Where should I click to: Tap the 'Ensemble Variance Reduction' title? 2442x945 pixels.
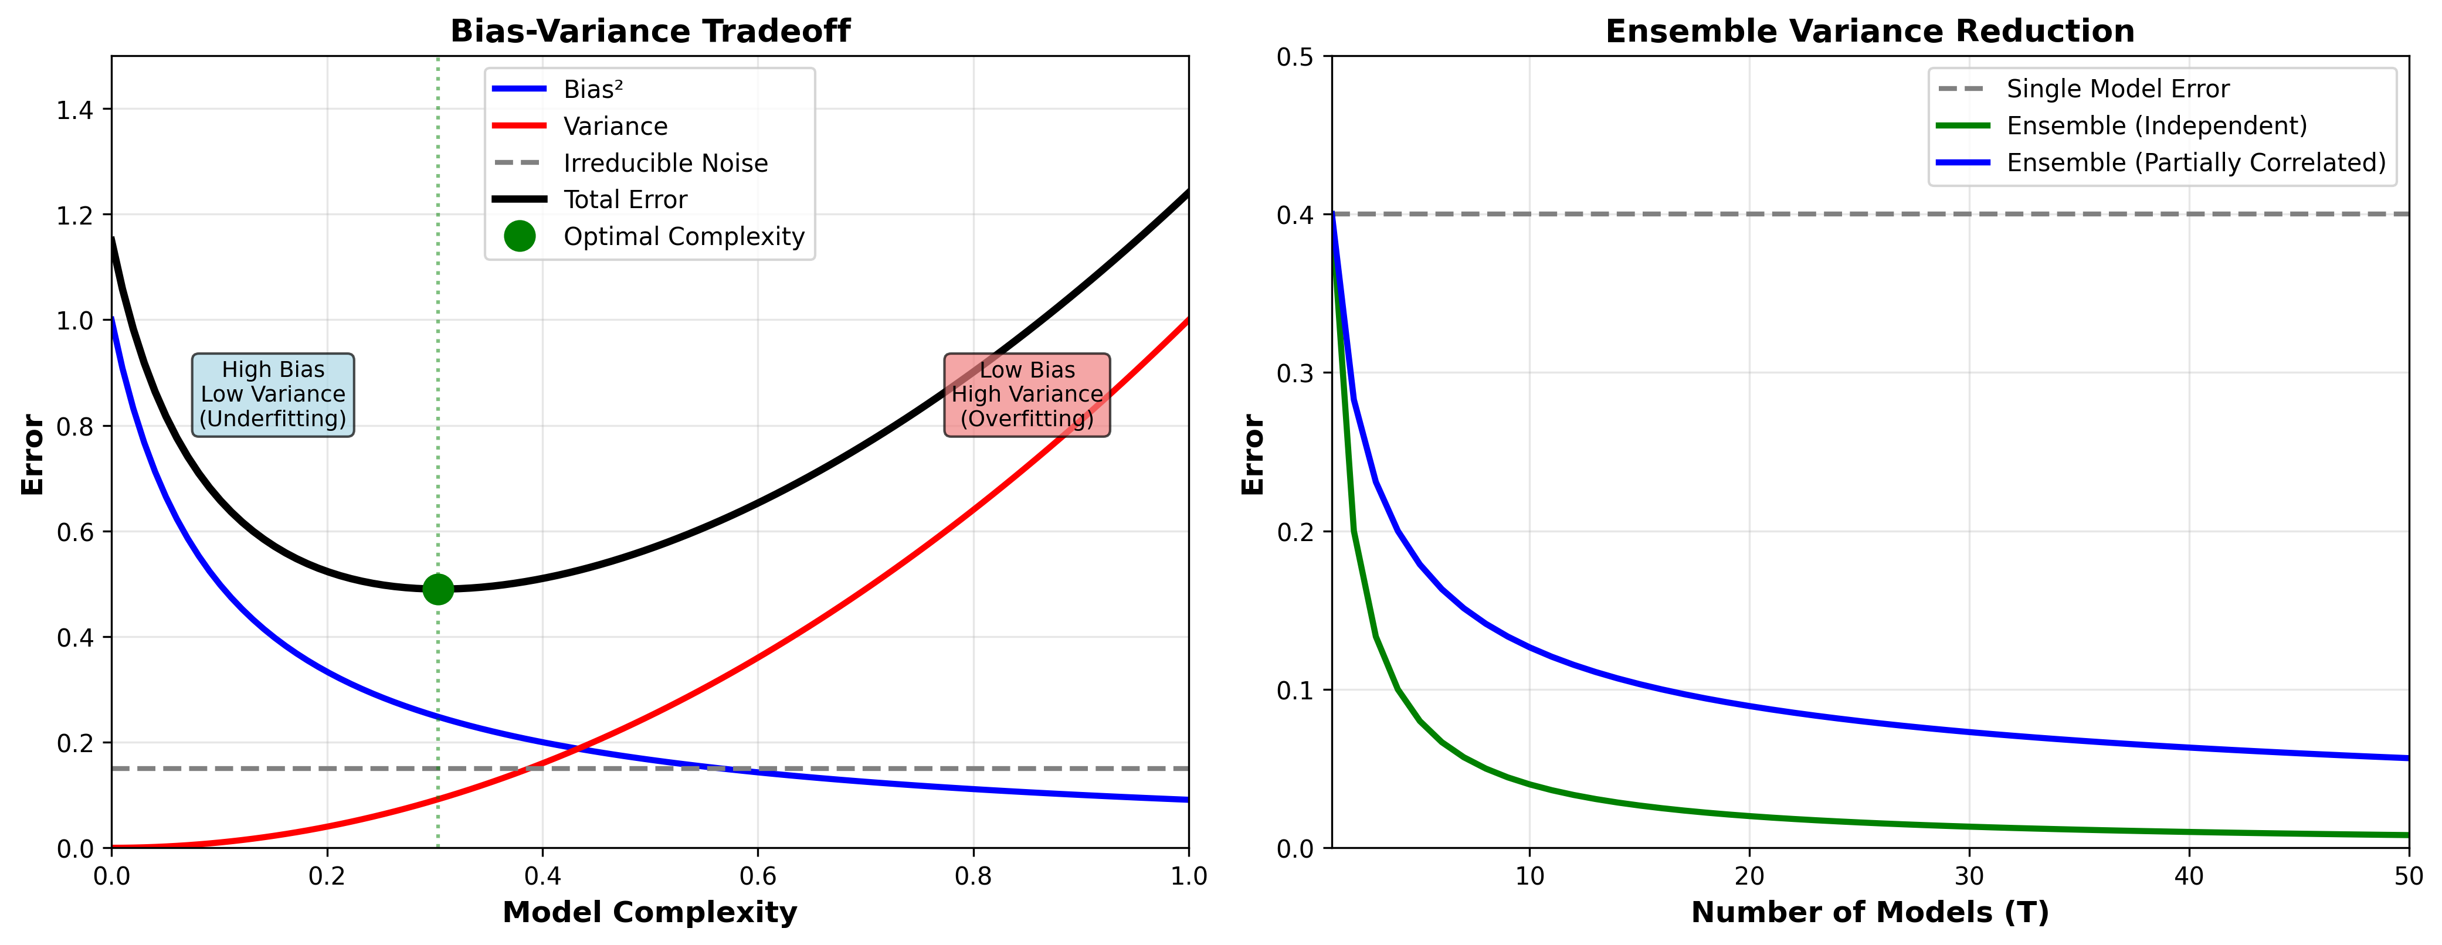[x=1870, y=31]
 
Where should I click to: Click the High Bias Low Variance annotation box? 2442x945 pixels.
[x=273, y=395]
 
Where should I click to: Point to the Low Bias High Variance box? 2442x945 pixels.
[x=1027, y=395]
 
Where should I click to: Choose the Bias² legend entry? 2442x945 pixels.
[x=592, y=89]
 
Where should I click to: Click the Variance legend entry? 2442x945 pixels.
[x=615, y=126]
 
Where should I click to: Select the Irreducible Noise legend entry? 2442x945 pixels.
[x=666, y=163]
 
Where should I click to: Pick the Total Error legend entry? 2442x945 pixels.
[x=625, y=200]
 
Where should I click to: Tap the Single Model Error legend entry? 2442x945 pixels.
[x=2117, y=89]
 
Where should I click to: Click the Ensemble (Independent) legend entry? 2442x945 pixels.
[x=2156, y=126]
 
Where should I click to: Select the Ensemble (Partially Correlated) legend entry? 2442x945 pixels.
[x=2196, y=163]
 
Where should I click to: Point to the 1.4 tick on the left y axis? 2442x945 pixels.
[x=75, y=111]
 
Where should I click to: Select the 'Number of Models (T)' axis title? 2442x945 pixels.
[x=1870, y=912]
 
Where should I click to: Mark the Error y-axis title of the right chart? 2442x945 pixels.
[x=1253, y=454]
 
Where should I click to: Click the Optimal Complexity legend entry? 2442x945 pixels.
[x=683, y=237]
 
